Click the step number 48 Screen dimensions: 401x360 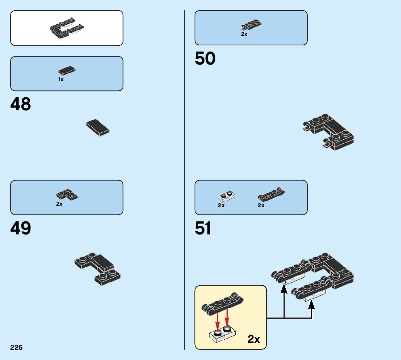(x=21, y=105)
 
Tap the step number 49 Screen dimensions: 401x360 (x=21, y=229)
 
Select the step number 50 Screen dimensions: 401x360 (x=205, y=59)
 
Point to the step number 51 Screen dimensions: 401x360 (x=203, y=229)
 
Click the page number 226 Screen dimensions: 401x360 (x=16, y=348)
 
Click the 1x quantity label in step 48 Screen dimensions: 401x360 (x=61, y=79)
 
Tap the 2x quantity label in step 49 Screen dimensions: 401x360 (x=59, y=204)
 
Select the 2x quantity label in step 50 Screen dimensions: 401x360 (x=244, y=34)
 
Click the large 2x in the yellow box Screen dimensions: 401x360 (x=254, y=339)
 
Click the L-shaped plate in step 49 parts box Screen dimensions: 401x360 (x=67, y=195)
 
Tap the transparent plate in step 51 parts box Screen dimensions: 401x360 (x=226, y=197)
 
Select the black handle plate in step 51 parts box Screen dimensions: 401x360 (x=271, y=195)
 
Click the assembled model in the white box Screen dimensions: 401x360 (x=67, y=28)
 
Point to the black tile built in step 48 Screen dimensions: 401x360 (x=98, y=127)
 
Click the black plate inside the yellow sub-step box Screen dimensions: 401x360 (x=222, y=303)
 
